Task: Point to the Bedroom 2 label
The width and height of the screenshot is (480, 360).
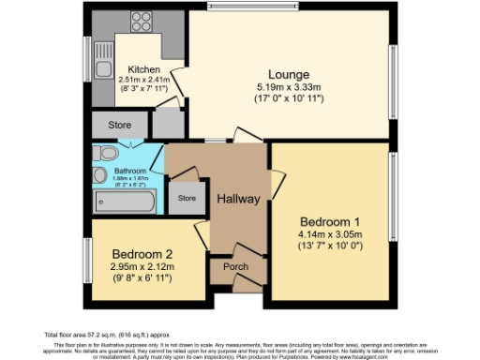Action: click(142, 254)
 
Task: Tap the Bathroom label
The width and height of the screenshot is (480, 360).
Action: click(130, 172)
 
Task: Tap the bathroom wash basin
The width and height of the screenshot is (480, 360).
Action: click(98, 173)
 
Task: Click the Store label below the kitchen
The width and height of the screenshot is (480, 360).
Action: click(118, 123)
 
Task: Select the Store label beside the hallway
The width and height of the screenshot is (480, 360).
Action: click(187, 198)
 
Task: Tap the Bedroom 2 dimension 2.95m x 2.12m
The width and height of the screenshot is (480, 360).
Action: click(142, 267)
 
